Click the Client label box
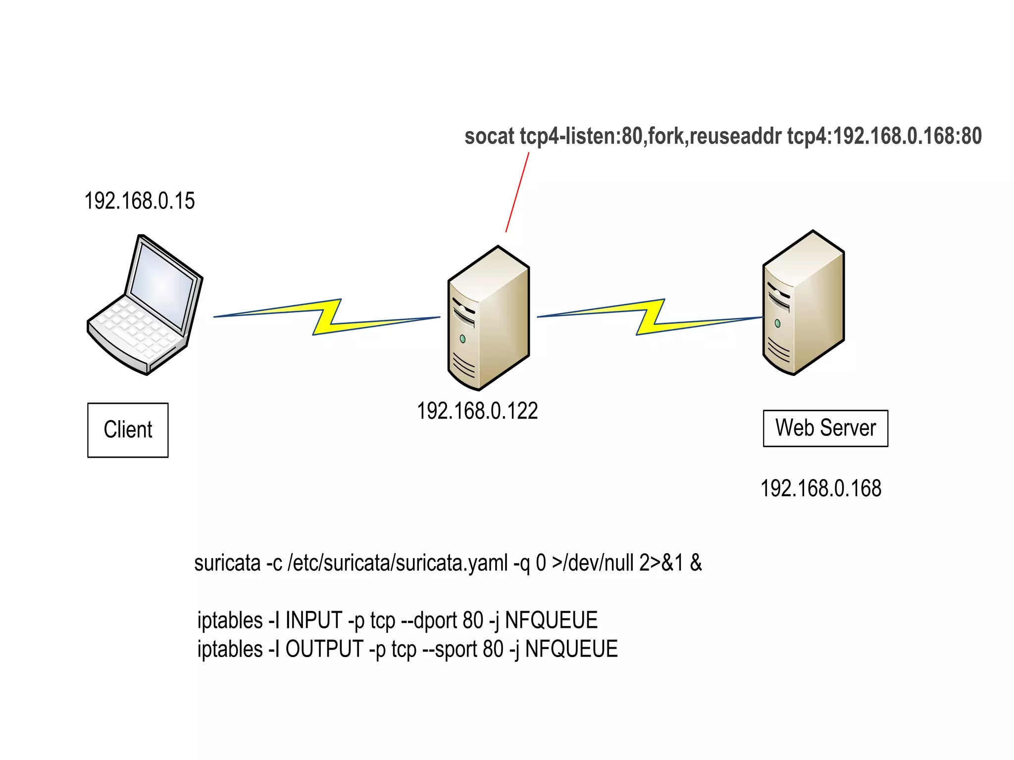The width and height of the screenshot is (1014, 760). [x=128, y=429]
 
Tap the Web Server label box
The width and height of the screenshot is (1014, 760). [x=825, y=428]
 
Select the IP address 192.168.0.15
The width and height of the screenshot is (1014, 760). [x=140, y=201]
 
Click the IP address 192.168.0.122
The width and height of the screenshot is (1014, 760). [x=477, y=411]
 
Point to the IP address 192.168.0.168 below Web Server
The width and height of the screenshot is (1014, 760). [x=821, y=488]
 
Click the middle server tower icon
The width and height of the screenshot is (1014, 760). [x=488, y=319]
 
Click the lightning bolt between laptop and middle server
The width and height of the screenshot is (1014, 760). [x=327, y=317]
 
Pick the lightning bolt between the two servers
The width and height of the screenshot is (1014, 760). [x=650, y=317]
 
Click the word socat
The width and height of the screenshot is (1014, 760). [x=489, y=137]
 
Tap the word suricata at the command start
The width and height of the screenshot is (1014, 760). [x=227, y=563]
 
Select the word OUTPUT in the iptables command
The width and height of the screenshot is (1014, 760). [x=324, y=649]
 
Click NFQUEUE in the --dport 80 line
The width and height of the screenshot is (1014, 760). [x=551, y=620]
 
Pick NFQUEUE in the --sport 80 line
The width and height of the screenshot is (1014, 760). [x=571, y=649]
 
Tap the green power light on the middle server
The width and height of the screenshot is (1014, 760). [x=462, y=339]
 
